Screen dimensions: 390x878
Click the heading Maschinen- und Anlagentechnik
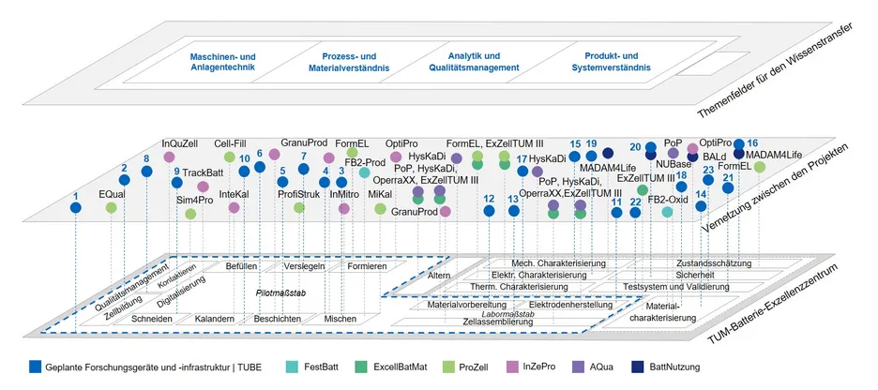[x=214, y=62]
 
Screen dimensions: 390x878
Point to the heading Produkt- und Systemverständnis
[x=610, y=62]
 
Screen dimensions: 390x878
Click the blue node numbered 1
[x=76, y=208]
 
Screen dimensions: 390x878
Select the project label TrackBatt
[x=203, y=172]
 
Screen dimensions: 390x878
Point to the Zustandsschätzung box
[x=712, y=264]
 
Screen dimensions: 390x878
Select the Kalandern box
[x=215, y=320]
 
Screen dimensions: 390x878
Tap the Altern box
[x=439, y=276]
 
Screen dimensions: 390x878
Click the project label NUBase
[x=674, y=164]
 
